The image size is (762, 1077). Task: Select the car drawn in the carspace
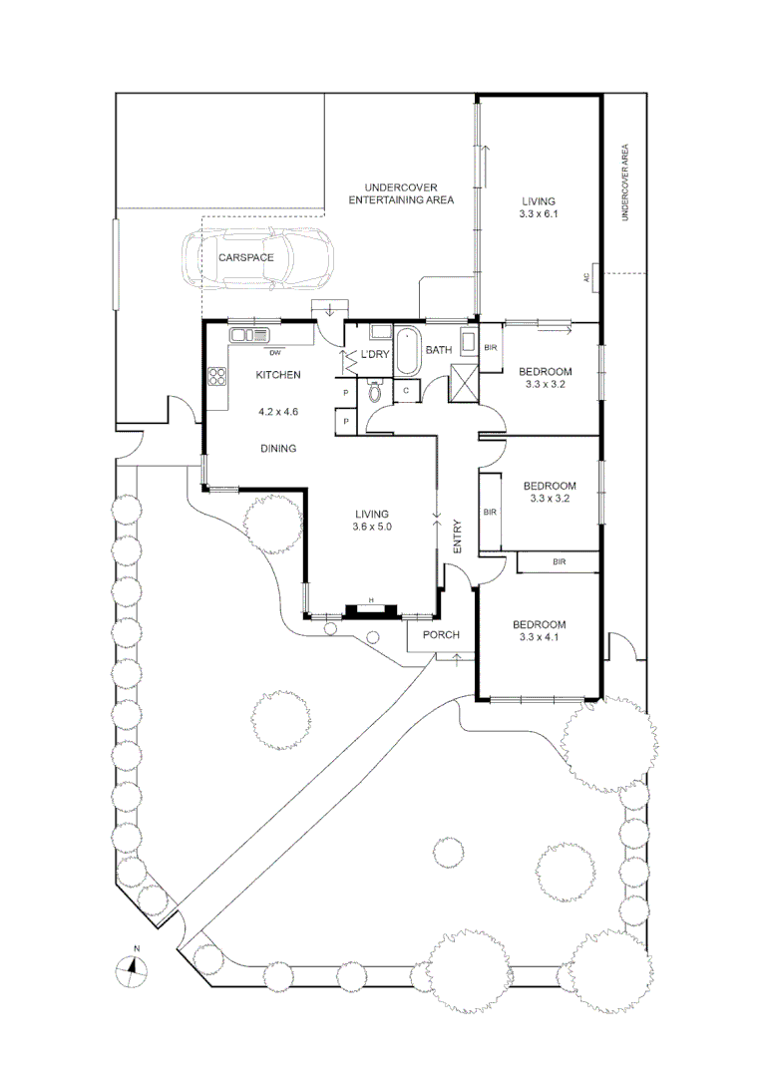[256, 257]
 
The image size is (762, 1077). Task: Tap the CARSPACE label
[246, 257]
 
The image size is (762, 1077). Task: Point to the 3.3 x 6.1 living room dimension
[538, 213]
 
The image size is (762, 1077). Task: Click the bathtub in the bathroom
[408, 353]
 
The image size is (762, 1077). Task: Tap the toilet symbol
[375, 391]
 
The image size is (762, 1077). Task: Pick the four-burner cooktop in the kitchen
[217, 376]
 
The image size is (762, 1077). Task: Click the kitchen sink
[249, 335]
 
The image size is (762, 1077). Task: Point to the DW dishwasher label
[273, 352]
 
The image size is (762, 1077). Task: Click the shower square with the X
[464, 383]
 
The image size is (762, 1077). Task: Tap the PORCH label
[440, 635]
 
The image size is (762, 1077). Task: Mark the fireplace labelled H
[371, 607]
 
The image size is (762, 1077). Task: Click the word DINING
[278, 449]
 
